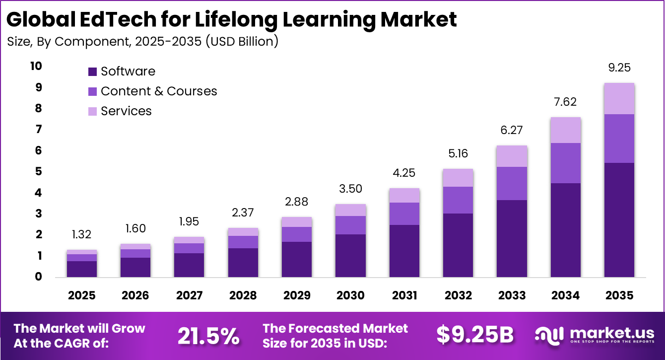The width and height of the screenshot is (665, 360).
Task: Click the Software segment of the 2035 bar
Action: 619,219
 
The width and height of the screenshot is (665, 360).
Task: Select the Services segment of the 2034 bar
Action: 565,130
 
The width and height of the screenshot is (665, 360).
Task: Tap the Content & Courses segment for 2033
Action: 512,183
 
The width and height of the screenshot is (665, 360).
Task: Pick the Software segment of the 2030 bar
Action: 350,255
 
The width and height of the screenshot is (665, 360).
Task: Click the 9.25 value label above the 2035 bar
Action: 619,68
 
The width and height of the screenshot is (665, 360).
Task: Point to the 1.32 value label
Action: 81,234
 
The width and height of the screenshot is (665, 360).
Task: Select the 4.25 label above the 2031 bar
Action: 404,173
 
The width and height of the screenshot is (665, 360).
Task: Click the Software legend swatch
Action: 92,72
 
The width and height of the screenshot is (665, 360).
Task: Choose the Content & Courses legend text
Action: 159,91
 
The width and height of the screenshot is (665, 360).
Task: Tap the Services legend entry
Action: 126,111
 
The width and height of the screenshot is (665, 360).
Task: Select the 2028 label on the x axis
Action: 243,296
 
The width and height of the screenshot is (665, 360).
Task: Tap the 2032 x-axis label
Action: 458,296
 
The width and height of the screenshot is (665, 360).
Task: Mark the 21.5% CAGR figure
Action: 208,336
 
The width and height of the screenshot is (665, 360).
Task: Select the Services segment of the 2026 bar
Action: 135,246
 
